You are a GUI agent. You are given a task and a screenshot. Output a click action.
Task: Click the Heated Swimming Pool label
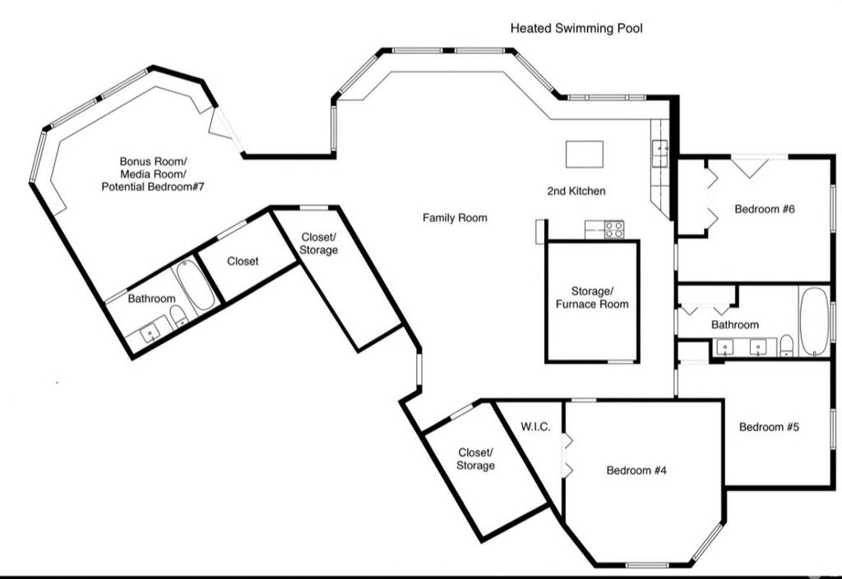pyautogui.click(x=576, y=28)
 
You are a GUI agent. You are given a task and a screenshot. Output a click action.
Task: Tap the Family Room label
pyautogui.click(x=455, y=218)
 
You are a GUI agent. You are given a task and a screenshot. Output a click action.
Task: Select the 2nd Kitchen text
pyautogui.click(x=576, y=191)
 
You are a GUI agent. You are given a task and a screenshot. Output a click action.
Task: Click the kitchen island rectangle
pyautogui.click(x=584, y=154)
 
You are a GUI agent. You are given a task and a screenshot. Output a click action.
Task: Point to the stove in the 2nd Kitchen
pyautogui.click(x=613, y=230)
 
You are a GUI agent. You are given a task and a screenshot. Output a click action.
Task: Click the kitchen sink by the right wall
pyautogui.click(x=659, y=153)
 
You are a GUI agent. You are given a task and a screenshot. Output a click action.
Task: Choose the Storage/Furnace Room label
pyautogui.click(x=592, y=298)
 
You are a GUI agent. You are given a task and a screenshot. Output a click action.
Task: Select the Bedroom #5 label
pyautogui.click(x=770, y=427)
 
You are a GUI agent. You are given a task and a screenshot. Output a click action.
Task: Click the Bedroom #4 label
pyautogui.click(x=636, y=470)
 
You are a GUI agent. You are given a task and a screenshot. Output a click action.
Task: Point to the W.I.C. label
pyautogui.click(x=535, y=427)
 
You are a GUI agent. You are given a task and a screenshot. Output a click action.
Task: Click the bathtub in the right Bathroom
pyautogui.click(x=815, y=322)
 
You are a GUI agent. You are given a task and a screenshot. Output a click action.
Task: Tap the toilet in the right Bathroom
pyautogui.click(x=787, y=343)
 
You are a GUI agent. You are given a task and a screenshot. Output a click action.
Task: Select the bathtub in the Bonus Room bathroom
pyautogui.click(x=196, y=285)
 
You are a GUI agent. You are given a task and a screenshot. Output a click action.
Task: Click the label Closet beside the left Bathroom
pyautogui.click(x=243, y=262)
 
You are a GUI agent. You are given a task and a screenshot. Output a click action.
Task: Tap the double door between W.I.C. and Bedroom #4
pyautogui.click(x=566, y=456)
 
